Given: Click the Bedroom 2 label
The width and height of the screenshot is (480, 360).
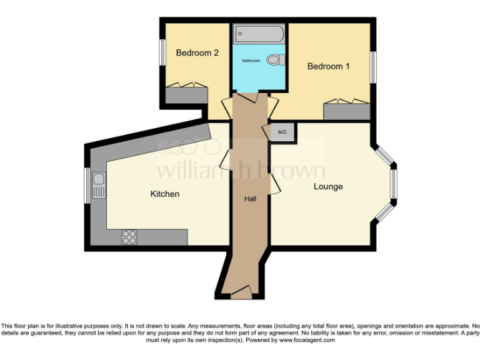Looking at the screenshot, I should coord(197,53).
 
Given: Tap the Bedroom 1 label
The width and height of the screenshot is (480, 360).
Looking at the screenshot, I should coord(328,66).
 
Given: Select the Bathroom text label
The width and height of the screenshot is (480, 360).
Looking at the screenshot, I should coord(251,61).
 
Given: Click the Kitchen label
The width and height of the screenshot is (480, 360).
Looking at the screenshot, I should coord(165,194).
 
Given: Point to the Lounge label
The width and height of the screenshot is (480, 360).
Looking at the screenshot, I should coord(328,186).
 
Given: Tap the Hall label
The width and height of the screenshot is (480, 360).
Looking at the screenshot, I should coord(250,199).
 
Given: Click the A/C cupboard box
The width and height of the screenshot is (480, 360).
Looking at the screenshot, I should coord(282,132).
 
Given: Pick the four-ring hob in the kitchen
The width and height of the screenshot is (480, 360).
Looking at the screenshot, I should coord(129,237).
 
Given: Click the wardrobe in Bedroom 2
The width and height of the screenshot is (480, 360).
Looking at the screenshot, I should coord(186,95).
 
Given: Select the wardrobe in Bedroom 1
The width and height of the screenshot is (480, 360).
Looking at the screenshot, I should coord(346,110).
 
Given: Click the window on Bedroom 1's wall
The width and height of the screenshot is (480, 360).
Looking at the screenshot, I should coord(372,66).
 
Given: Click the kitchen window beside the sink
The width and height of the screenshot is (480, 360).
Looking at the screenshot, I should coord(87,185).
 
